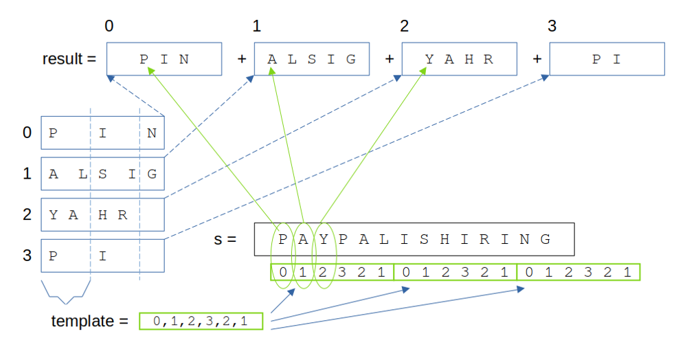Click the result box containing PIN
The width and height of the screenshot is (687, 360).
(x=164, y=59)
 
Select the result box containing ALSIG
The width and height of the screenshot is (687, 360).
(x=312, y=59)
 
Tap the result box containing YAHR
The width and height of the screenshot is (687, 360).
(x=459, y=59)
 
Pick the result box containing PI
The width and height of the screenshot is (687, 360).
(x=607, y=59)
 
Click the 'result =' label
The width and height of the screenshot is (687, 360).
(x=69, y=59)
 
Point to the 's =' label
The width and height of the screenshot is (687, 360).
(x=225, y=240)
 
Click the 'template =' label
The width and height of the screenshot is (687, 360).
(x=89, y=321)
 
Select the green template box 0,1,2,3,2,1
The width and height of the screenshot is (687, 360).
(x=201, y=321)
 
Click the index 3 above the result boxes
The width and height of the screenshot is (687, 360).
(x=552, y=27)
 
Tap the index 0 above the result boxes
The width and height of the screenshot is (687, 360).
(x=109, y=27)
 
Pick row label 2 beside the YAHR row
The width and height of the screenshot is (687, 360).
(x=27, y=214)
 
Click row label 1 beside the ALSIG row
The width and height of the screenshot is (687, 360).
(x=27, y=174)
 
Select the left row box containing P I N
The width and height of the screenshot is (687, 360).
(x=102, y=133)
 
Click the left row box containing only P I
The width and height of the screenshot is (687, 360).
(x=102, y=256)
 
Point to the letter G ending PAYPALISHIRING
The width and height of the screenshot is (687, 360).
(x=545, y=239)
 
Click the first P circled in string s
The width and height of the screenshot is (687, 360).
(x=283, y=239)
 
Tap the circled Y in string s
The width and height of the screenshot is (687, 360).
(x=324, y=239)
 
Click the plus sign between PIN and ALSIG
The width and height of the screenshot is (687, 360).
(x=242, y=59)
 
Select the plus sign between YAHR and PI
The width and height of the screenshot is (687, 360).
(x=537, y=59)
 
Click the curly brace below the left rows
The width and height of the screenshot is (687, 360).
(x=66, y=291)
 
